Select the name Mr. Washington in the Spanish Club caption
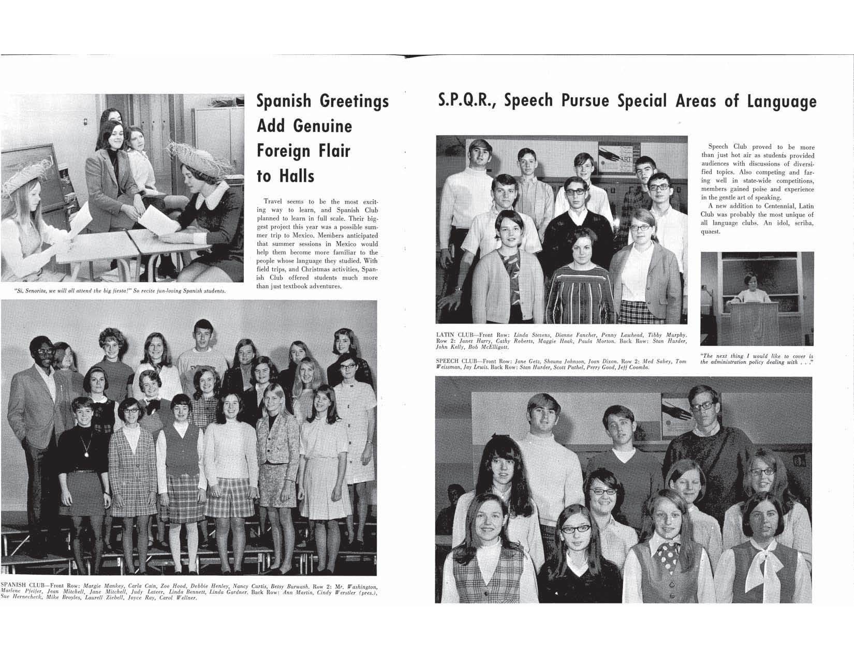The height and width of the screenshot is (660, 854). [x=362, y=586]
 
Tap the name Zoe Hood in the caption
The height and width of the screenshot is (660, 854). [x=172, y=586]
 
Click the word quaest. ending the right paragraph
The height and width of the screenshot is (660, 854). [x=711, y=231]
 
